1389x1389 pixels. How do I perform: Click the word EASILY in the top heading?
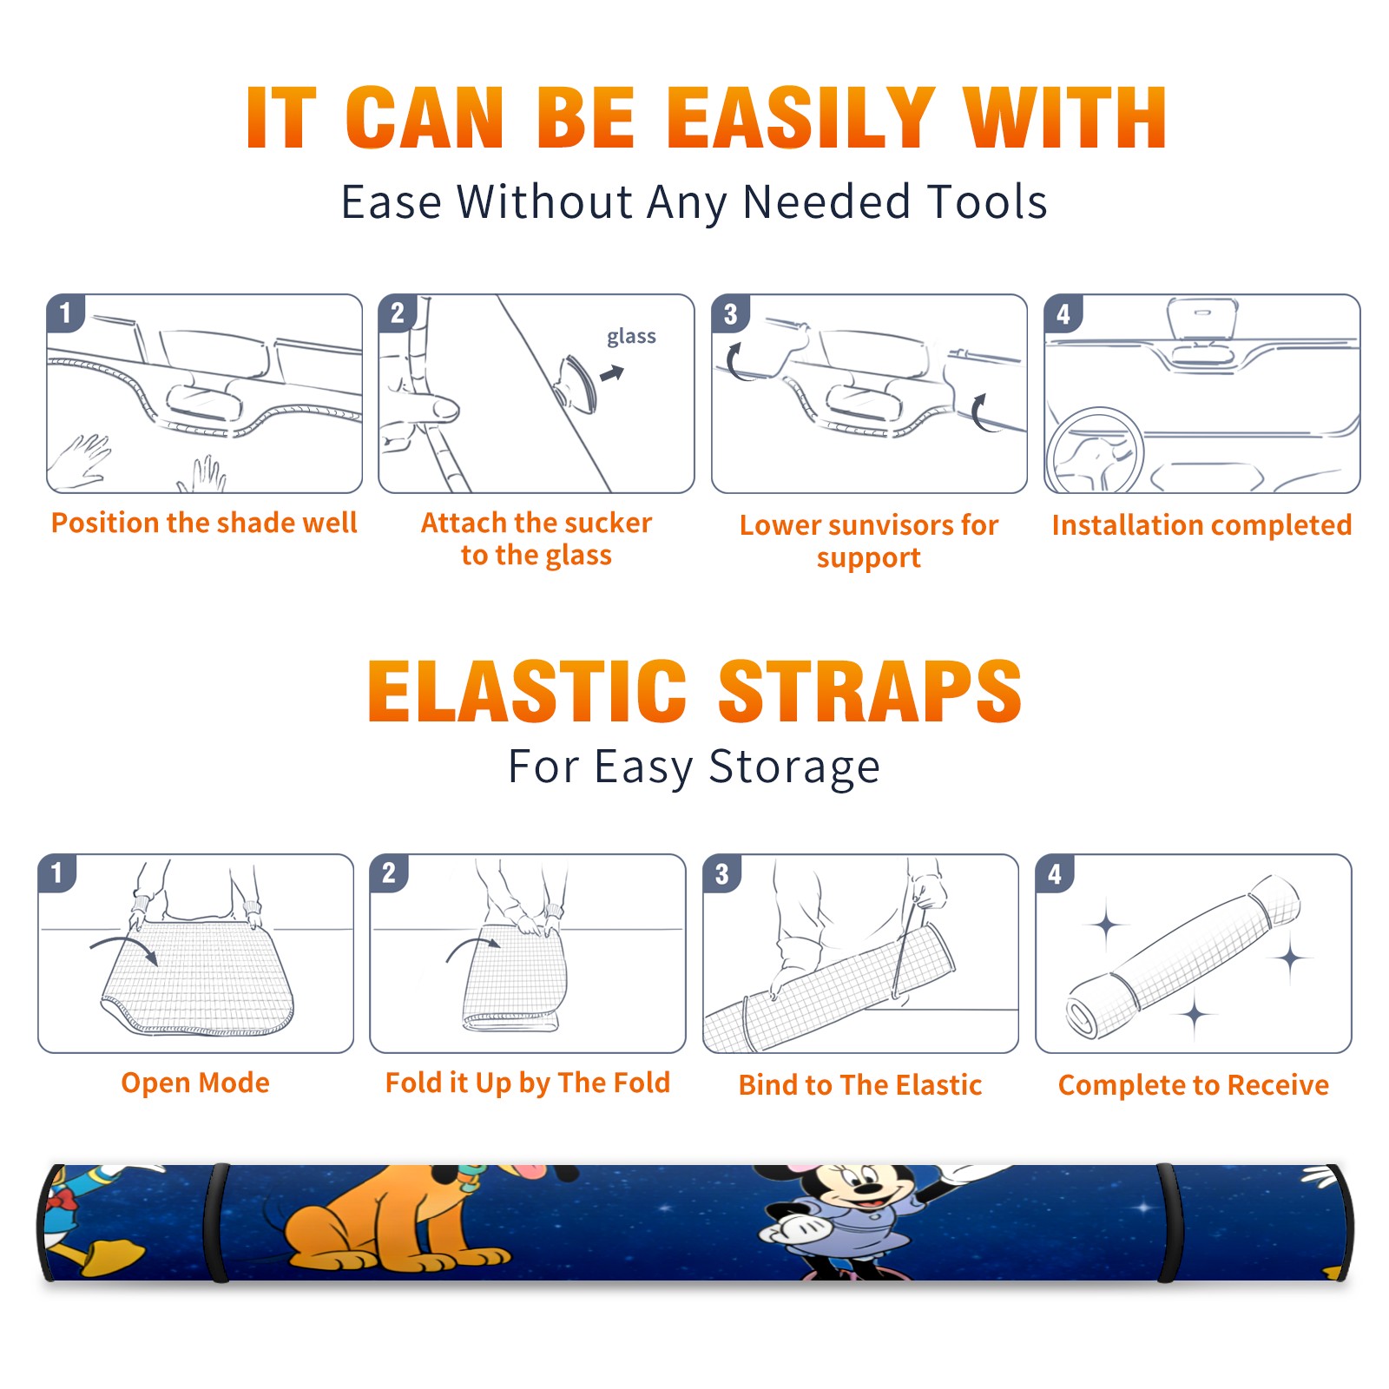(x=800, y=118)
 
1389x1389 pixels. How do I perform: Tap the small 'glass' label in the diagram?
(x=631, y=337)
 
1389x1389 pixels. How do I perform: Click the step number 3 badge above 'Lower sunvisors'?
(x=730, y=313)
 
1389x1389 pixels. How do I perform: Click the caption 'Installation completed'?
(x=1201, y=525)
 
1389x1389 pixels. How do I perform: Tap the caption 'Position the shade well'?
(x=204, y=523)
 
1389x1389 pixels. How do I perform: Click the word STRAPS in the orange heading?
(x=870, y=691)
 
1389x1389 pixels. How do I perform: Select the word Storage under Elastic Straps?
(x=794, y=767)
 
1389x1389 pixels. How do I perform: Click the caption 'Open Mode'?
(x=195, y=1083)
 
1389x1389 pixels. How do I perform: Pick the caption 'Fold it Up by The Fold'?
(x=528, y=1083)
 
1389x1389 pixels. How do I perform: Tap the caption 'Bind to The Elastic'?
(x=860, y=1085)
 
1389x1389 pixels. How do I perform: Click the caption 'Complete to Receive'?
(x=1194, y=1085)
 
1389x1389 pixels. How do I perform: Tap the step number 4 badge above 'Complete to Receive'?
(x=1055, y=873)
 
